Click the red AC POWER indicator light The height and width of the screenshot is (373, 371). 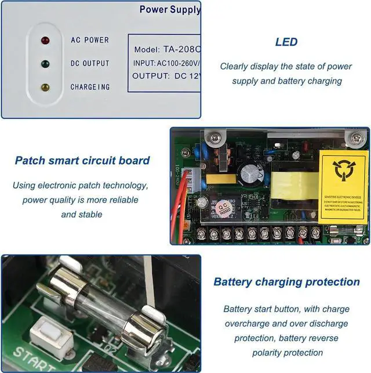pos(45,41)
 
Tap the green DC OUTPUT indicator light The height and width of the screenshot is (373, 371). pos(45,64)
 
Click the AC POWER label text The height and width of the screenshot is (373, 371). pos(90,40)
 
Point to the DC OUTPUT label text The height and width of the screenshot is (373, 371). pos(90,63)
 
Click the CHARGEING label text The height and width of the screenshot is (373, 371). pos(90,87)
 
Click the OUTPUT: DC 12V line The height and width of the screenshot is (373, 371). pos(166,75)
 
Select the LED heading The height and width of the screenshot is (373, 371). pos(286,42)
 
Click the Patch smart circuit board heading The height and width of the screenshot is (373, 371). pos(82,161)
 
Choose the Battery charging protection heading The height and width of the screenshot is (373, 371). pos(286,282)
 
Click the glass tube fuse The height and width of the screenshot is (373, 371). pos(99,305)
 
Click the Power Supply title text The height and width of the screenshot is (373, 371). pos(170,9)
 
